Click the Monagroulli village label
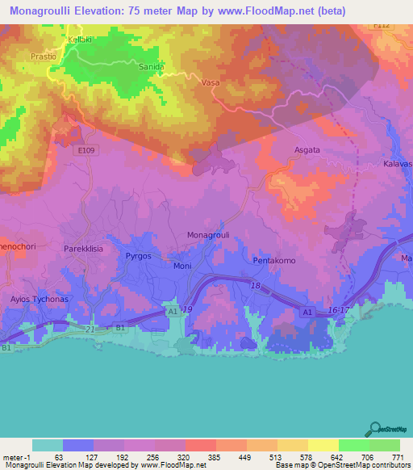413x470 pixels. point(209,235)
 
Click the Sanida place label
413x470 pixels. point(152,67)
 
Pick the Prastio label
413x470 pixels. point(43,57)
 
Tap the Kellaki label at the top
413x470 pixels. point(81,39)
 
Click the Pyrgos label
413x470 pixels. point(139,256)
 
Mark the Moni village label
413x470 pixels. point(182,266)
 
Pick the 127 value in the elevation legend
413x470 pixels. point(78,456)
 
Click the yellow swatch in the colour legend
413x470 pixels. point(323,445)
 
